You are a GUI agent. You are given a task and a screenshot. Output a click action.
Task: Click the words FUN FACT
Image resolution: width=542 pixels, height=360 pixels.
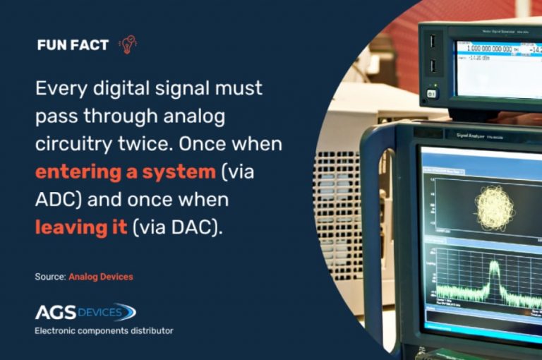73,45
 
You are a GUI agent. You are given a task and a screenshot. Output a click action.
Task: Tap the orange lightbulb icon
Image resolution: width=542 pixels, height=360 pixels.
128,44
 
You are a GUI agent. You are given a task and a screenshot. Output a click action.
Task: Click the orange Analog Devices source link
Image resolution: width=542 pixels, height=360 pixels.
100,277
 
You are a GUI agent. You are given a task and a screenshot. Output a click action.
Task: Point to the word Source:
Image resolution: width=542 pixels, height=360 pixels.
50,277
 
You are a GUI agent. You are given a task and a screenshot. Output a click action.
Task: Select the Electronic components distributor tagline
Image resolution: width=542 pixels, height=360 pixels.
104,330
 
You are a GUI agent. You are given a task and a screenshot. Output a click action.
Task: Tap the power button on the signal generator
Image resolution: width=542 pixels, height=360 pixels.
432,92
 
